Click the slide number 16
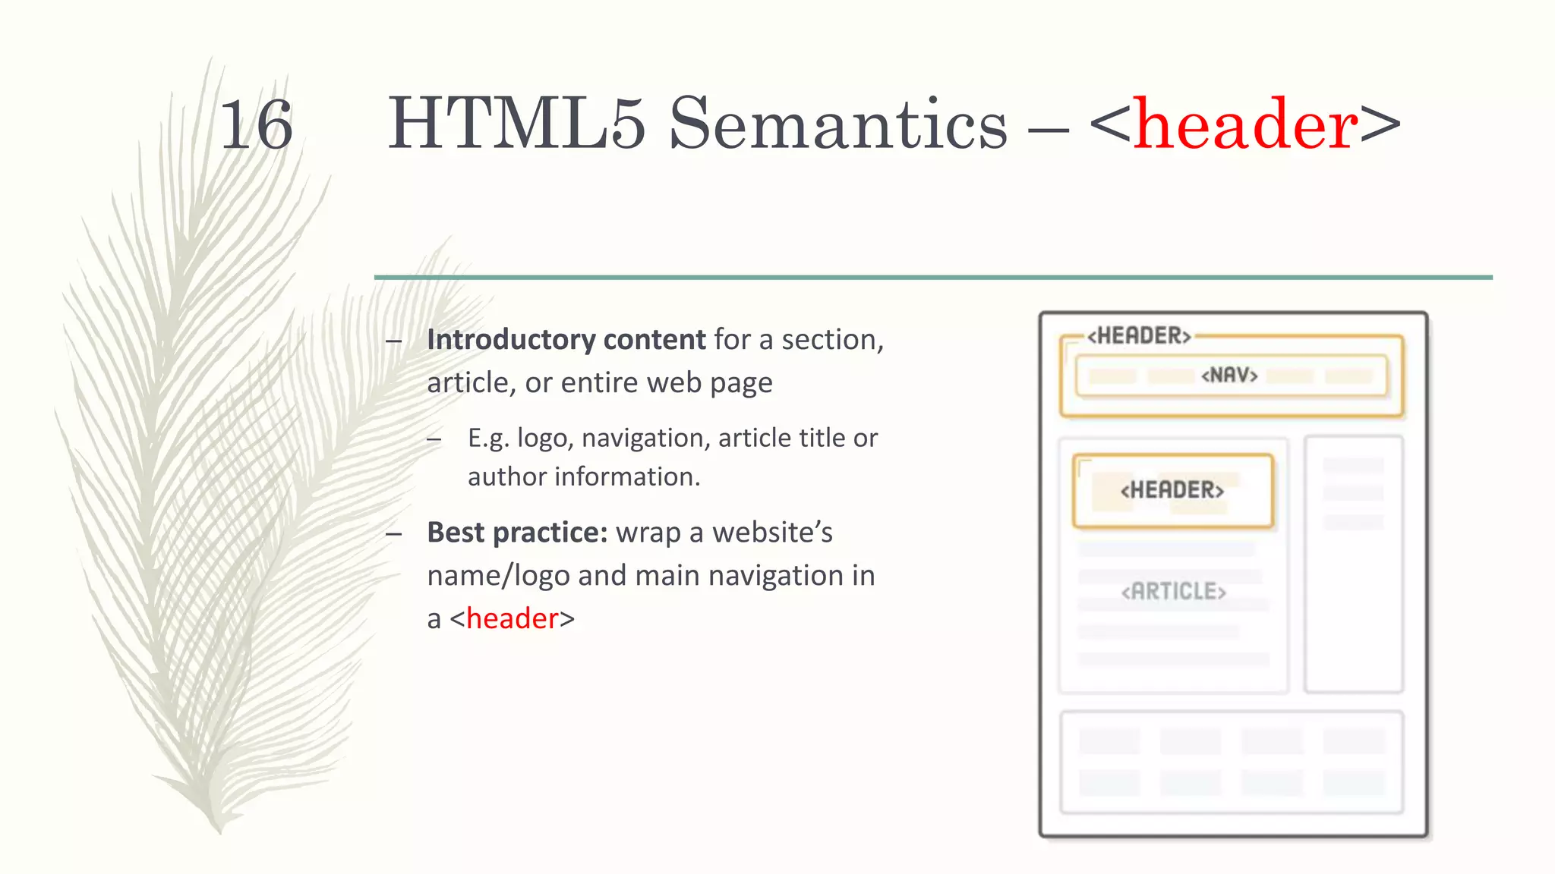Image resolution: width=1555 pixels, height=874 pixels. pos(256,125)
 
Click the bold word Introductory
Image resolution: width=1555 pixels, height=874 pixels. pos(510,340)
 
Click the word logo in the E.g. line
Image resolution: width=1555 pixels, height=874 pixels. pos(542,439)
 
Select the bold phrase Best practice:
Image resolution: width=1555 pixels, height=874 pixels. pos(517,533)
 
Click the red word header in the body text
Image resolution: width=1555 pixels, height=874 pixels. pos(513,619)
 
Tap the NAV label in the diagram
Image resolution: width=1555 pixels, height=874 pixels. pos(1229,376)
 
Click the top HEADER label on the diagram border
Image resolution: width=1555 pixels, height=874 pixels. pos(1139,336)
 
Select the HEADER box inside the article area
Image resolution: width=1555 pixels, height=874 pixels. pos(1172,490)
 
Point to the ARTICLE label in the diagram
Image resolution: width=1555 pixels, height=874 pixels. pos(1173,592)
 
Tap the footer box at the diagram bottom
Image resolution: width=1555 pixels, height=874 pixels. pos(1231,762)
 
